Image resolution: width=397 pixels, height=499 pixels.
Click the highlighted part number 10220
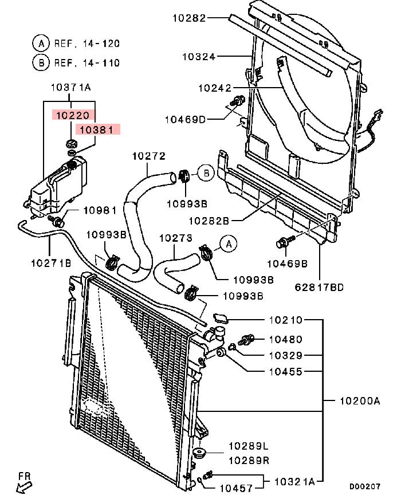coord(73,115)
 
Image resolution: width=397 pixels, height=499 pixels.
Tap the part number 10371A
coord(71,87)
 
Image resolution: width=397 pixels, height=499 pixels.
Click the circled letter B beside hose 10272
coord(206,173)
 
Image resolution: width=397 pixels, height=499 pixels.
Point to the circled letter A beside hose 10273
coord(229,244)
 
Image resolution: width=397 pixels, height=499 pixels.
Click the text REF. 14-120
coord(87,44)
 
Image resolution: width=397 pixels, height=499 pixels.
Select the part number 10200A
coord(360,400)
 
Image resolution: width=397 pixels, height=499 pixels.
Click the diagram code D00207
coord(365,486)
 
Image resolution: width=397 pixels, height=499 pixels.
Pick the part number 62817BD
coord(319,288)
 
